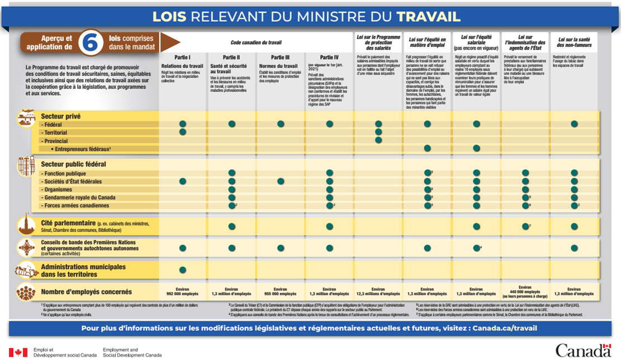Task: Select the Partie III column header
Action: pyautogui.click(x=281, y=57)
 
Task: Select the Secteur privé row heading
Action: pyautogui.click(x=60, y=116)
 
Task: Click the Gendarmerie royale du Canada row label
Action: pyautogui.click(x=78, y=197)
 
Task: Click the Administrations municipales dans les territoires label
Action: pyautogui.click(x=83, y=271)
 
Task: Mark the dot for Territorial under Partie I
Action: pyautogui.click(x=182, y=132)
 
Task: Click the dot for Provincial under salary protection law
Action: pyautogui.click(x=378, y=140)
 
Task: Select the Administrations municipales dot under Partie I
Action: pyautogui.click(x=182, y=270)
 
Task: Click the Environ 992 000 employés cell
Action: pyautogui.click(x=182, y=291)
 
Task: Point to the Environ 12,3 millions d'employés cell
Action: pyautogui.click(x=378, y=291)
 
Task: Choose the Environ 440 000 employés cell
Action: pyautogui.click(x=525, y=291)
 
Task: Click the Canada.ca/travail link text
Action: pyautogui.click(x=505, y=328)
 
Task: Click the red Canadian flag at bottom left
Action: pyautogui.click(x=18, y=352)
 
